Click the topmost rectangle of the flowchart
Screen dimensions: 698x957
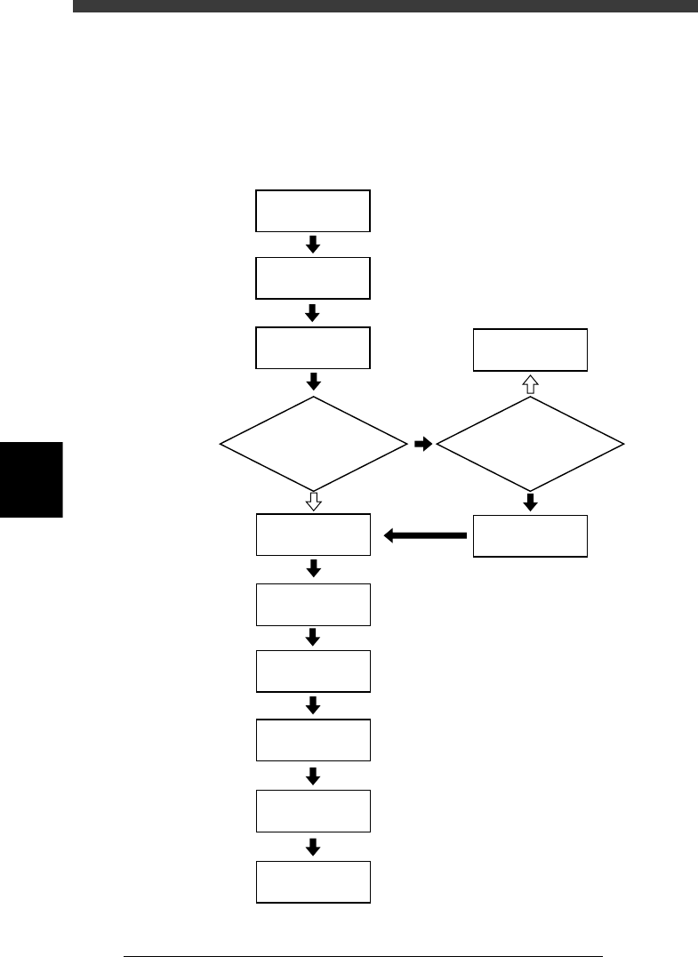pyautogui.click(x=313, y=211)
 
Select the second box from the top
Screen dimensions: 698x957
pyautogui.click(x=313, y=278)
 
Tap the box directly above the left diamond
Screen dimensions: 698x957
pyautogui.click(x=313, y=348)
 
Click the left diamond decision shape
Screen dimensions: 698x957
pyautogui.click(x=313, y=442)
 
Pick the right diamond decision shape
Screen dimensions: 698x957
pyautogui.click(x=531, y=442)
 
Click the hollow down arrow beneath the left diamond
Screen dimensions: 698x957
pyautogui.click(x=313, y=502)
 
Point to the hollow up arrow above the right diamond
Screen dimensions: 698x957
pyautogui.click(x=531, y=383)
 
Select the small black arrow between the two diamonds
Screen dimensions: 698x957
pyautogui.click(x=423, y=442)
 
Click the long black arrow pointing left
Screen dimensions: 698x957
pyautogui.click(x=425, y=535)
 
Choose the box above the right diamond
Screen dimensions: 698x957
pyautogui.click(x=531, y=350)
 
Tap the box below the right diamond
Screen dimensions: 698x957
pyautogui.click(x=531, y=535)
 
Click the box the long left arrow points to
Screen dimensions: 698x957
pyautogui.click(x=313, y=535)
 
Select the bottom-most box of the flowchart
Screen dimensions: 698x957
pyautogui.click(x=313, y=881)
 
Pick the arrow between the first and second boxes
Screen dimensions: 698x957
pyautogui.click(x=313, y=245)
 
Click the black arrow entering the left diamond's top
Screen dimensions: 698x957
pyautogui.click(x=313, y=382)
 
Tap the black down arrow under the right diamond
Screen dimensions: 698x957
pyautogui.click(x=531, y=503)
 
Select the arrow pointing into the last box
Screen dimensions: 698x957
pyautogui.click(x=313, y=847)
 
